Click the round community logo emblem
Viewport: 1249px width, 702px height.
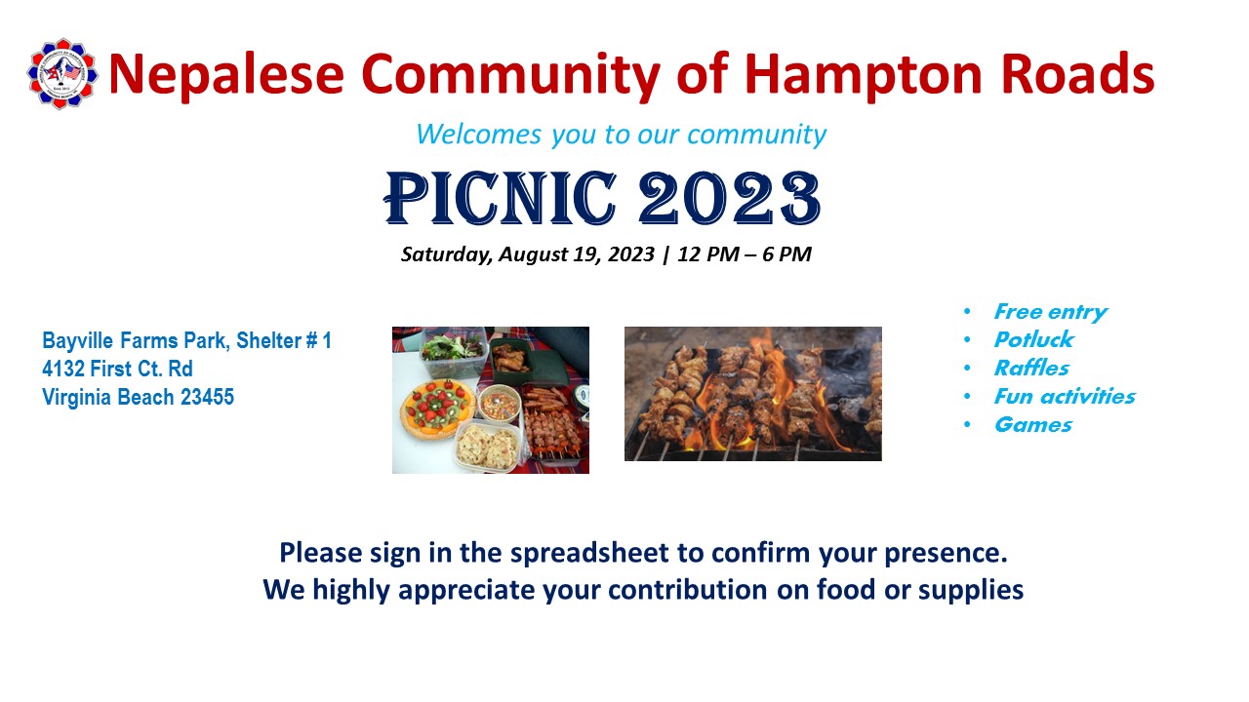(x=62, y=73)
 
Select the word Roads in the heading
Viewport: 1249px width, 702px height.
(x=1077, y=73)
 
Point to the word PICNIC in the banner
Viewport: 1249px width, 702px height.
(x=501, y=198)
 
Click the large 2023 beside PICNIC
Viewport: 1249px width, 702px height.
(x=729, y=198)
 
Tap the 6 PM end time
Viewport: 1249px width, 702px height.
(x=786, y=254)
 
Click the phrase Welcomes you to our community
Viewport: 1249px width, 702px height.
(x=622, y=135)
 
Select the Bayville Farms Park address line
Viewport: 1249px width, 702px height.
(x=186, y=340)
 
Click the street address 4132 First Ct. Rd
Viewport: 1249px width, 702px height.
(x=118, y=369)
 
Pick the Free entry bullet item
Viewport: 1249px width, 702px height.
(x=1051, y=312)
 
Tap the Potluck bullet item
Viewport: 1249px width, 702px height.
(x=1033, y=340)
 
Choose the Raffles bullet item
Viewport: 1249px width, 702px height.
(x=1031, y=369)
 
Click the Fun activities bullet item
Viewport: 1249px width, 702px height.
(x=1065, y=397)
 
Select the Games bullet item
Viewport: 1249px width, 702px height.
(x=1032, y=425)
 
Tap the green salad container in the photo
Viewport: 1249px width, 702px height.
(x=453, y=350)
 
